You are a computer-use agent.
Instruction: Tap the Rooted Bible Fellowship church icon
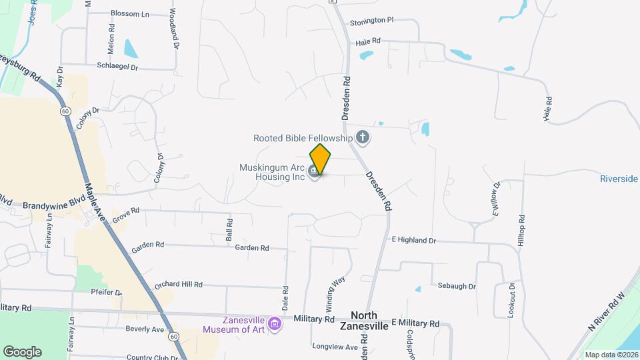pos(363,138)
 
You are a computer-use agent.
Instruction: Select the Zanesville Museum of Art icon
pos(275,324)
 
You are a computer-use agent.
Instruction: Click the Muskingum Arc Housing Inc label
pos(272,172)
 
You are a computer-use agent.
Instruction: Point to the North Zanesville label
pos(363,321)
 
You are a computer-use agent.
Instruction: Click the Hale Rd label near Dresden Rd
pos(368,41)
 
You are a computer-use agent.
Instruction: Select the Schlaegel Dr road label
pos(117,67)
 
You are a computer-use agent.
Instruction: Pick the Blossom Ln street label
pos(130,13)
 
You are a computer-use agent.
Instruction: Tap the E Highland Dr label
pos(413,240)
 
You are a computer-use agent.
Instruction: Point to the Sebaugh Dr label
pos(457,286)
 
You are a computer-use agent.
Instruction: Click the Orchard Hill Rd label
pos(178,285)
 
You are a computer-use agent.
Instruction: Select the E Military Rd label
pos(415,323)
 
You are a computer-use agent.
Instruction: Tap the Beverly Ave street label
pos(145,329)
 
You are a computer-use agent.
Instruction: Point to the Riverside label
pos(619,179)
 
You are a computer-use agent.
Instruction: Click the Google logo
pos(22,351)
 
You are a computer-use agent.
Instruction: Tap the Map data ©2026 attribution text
pos(611,355)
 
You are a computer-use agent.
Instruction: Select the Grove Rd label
pos(125,214)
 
